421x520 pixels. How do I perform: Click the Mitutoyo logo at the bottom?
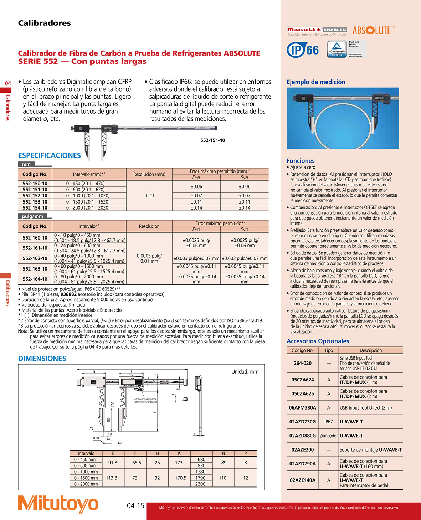coord(58,504)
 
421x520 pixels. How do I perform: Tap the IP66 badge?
coord(303,50)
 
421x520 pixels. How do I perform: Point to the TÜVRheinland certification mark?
coord(337,49)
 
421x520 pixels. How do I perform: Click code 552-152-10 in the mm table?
coord(35,196)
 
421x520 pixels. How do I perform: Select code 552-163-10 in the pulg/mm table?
coord(35,269)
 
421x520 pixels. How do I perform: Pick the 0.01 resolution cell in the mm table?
coord(150,196)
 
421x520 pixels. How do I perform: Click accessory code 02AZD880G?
coord(302,436)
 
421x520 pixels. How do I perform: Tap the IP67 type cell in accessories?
coord(328,422)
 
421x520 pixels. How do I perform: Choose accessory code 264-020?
coord(302,363)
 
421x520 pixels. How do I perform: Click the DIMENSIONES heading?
coord(42,359)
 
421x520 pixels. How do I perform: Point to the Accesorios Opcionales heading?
coord(318,341)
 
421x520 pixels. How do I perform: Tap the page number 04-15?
coord(135,506)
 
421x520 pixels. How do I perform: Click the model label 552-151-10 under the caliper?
coord(212,140)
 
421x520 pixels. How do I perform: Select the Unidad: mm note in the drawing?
coord(245,371)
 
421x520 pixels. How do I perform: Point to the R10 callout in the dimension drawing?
coord(96,438)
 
